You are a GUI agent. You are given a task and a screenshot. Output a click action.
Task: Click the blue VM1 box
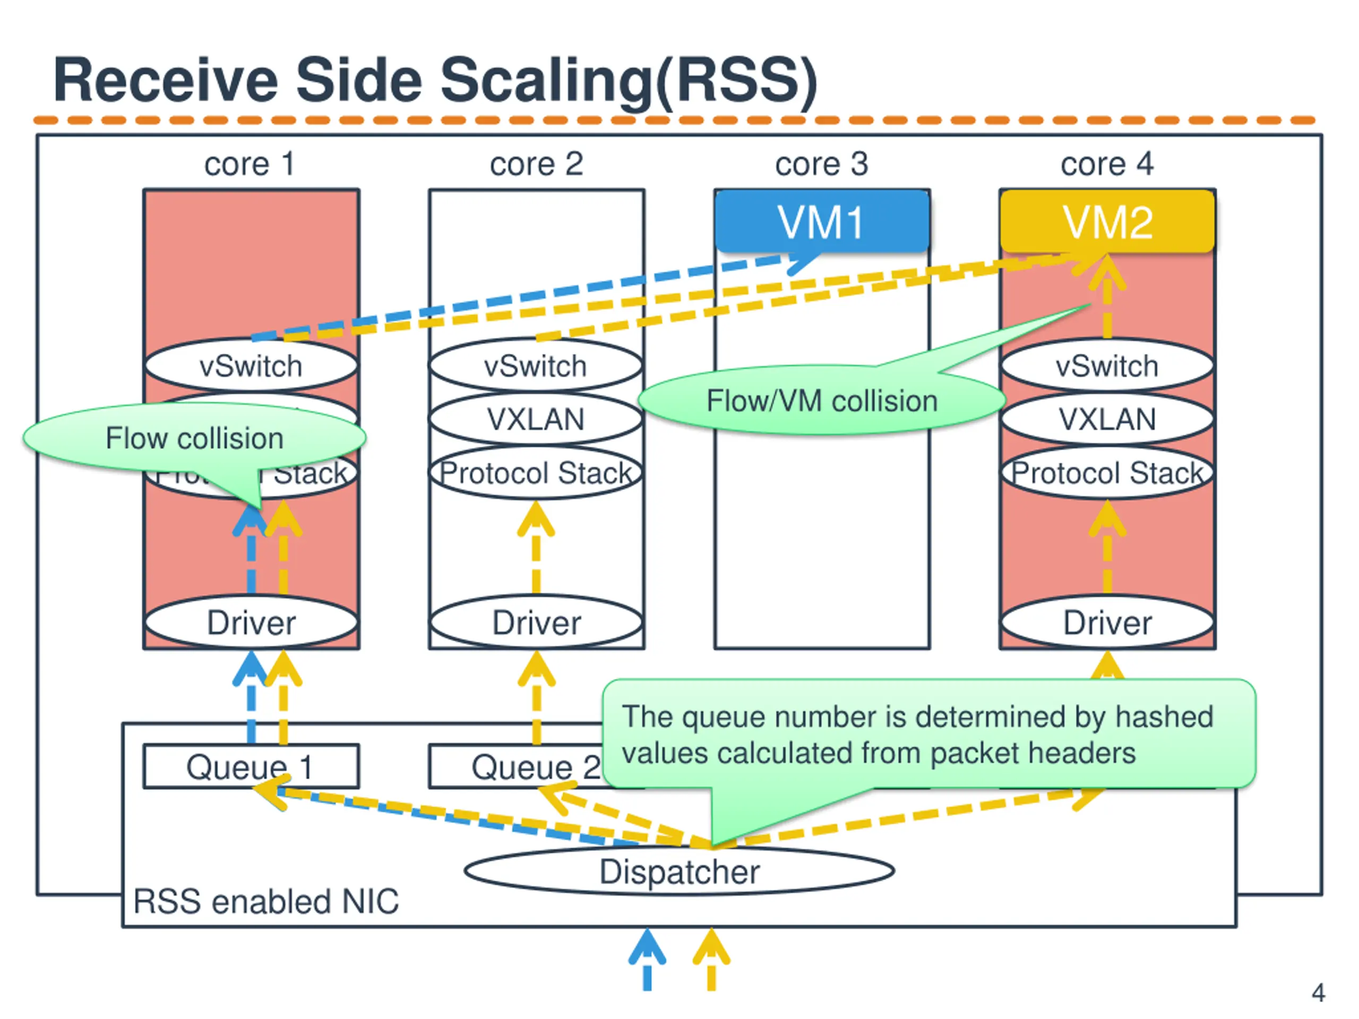(x=822, y=221)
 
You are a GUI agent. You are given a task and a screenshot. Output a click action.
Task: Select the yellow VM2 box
(x=1107, y=221)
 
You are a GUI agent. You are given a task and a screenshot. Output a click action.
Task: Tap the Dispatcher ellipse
(x=679, y=871)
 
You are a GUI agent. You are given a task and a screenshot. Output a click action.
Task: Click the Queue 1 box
(x=251, y=766)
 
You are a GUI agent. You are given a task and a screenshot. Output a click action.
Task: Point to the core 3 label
(x=821, y=164)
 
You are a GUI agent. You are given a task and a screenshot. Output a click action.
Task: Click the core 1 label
(x=250, y=164)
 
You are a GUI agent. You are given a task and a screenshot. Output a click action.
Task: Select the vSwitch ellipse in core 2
(x=536, y=366)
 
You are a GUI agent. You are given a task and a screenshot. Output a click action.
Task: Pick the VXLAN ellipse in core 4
(x=1107, y=419)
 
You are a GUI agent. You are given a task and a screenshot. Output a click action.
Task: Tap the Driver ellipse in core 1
(x=251, y=622)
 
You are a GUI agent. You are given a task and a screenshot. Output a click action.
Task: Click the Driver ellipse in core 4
(x=1107, y=622)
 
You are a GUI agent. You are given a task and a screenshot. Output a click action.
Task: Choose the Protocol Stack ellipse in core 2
(x=536, y=473)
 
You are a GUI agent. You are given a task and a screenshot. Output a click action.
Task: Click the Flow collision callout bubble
(x=194, y=438)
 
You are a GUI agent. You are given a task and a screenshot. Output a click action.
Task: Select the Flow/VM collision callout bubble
(x=821, y=401)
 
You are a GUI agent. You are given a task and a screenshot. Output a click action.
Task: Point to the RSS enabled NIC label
(x=266, y=901)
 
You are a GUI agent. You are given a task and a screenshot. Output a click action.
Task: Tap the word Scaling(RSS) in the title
(x=629, y=80)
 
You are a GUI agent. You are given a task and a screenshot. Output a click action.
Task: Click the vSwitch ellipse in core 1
(x=251, y=366)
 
